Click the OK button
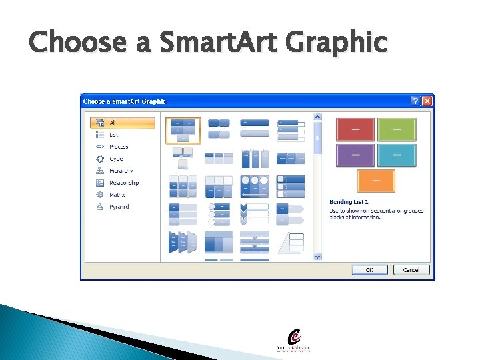coord(369,270)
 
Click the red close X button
coord(427,101)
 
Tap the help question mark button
coord(415,101)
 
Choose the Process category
coord(118,147)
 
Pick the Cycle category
coord(116,159)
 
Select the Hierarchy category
coord(121,171)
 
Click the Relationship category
coord(123,183)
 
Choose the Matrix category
coord(117,195)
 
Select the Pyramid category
coord(119,207)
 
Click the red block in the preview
coord(355,129)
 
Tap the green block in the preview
coord(397,129)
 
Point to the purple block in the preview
coord(355,155)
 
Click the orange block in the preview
coord(376,181)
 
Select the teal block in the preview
coord(397,155)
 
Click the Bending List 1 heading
coord(349,201)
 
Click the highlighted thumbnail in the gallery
coord(183,131)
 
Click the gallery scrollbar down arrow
coord(317,257)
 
